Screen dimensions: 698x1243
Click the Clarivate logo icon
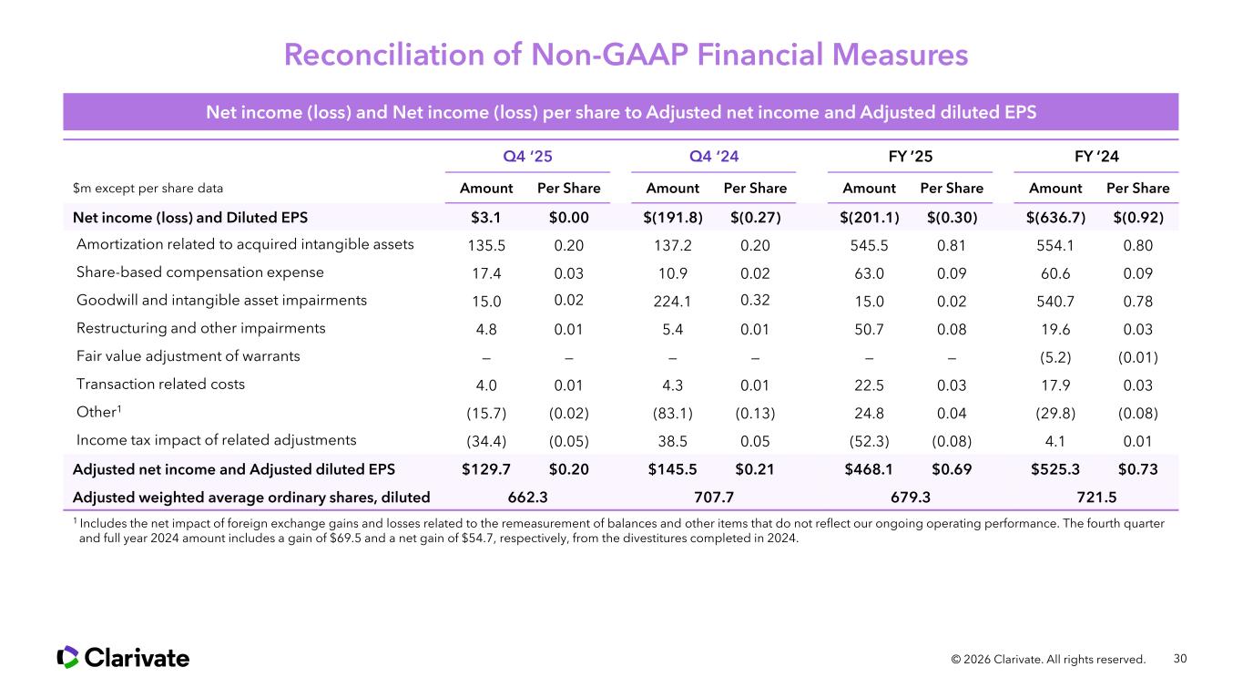[x=68, y=657]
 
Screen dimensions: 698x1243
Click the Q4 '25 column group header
[x=527, y=157]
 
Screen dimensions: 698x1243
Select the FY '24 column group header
[x=1098, y=157]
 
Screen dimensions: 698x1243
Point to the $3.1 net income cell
[x=486, y=217]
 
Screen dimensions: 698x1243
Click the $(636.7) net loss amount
[x=1055, y=217]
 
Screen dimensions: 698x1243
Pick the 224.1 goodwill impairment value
[x=672, y=302]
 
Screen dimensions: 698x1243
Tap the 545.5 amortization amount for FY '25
[x=869, y=244]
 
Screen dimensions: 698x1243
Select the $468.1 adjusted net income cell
[x=869, y=468]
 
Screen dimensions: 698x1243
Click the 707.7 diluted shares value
[x=714, y=497]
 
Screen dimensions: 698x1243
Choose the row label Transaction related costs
[x=161, y=384]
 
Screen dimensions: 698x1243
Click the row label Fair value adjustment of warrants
[x=189, y=356]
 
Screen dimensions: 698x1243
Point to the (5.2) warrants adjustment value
[x=1055, y=357]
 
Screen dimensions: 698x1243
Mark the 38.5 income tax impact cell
[x=672, y=440]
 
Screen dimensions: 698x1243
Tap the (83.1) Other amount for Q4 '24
[x=672, y=412]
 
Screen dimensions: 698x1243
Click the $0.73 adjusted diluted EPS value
[x=1137, y=468]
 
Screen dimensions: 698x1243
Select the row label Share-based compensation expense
[x=200, y=272]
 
